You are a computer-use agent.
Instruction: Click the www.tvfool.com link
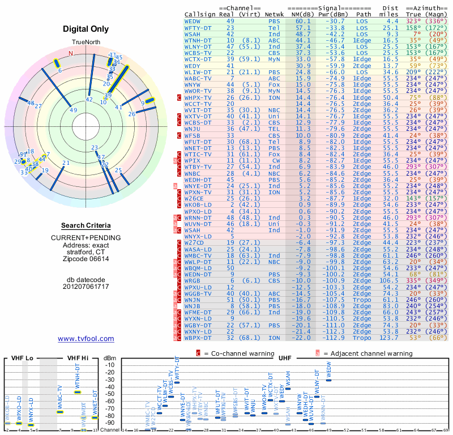[86, 339]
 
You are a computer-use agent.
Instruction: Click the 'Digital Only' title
[86, 29]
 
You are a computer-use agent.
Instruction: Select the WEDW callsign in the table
[193, 20]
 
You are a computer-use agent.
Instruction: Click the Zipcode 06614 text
[86, 259]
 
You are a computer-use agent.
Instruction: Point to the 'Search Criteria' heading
[86, 225]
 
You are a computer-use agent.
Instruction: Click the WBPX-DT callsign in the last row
[198, 338]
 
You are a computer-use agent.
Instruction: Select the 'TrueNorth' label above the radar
[86, 44]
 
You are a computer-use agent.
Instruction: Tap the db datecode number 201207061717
[86, 287]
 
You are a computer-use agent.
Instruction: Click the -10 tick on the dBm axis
[110, 365]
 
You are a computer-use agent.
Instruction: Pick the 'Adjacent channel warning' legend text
[368, 353]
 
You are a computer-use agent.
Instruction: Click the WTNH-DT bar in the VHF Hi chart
[78, 392]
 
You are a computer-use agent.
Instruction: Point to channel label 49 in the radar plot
[74, 110]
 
